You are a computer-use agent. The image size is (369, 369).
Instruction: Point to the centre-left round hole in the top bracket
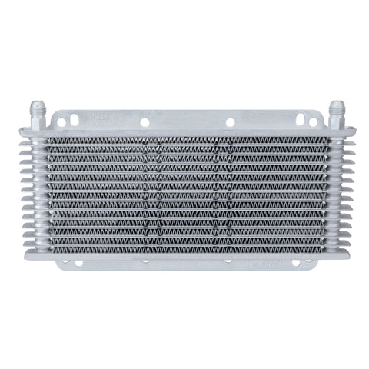point(144,121)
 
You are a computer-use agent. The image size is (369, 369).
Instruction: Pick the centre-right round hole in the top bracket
point(229,121)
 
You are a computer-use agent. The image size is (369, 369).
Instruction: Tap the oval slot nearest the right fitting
point(316,121)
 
